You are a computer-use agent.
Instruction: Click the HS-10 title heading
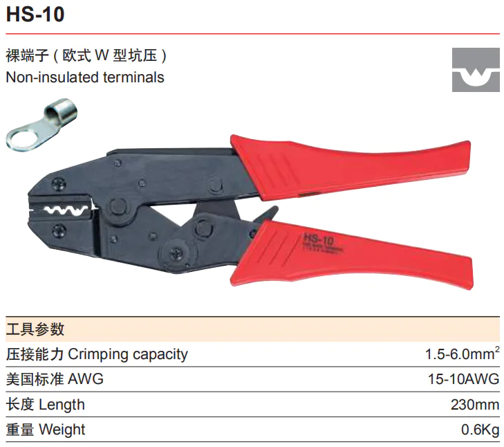tap(35, 15)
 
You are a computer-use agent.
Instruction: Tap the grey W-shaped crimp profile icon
tap(476, 70)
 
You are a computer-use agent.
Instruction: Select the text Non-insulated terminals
tap(85, 77)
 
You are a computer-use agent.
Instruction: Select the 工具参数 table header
tap(35, 329)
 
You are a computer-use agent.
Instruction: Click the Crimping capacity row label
tap(97, 354)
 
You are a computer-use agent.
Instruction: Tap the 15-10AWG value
tap(464, 379)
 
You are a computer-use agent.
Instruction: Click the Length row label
tap(46, 404)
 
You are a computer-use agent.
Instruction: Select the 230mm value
tap(474, 404)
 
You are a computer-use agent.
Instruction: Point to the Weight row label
tap(46, 429)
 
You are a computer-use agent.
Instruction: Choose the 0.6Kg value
tap(480, 429)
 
